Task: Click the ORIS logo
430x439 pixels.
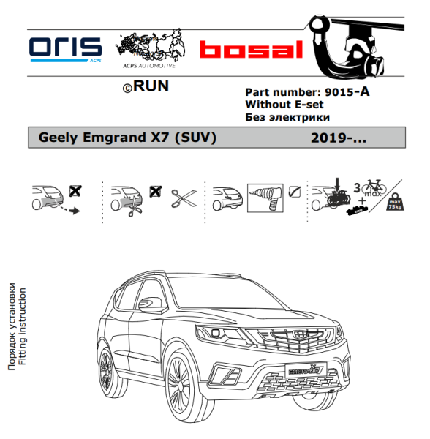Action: pyautogui.click(x=66, y=50)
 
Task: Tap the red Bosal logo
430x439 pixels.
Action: pyautogui.click(x=252, y=50)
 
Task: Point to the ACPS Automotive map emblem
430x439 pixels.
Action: pyautogui.click(x=150, y=48)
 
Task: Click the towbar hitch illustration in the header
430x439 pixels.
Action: pyautogui.click(x=355, y=46)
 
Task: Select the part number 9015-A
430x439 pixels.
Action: pyautogui.click(x=347, y=92)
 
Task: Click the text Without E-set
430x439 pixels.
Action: pyautogui.click(x=284, y=105)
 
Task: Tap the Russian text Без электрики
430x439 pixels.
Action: pyautogui.click(x=287, y=117)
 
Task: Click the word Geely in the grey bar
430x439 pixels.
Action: pyautogui.click(x=58, y=138)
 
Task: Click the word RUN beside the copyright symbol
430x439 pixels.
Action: pyautogui.click(x=151, y=86)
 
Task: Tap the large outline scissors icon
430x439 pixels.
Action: pyautogui.click(x=184, y=198)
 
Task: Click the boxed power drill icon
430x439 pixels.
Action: pyautogui.click(x=265, y=198)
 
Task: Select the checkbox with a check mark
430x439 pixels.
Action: pyautogui.click(x=295, y=192)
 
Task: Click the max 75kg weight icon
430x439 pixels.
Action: pyautogui.click(x=395, y=202)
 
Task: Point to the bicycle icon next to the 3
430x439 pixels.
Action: pyautogui.click(x=374, y=187)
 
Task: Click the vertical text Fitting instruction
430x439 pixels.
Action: pyautogui.click(x=23, y=326)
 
